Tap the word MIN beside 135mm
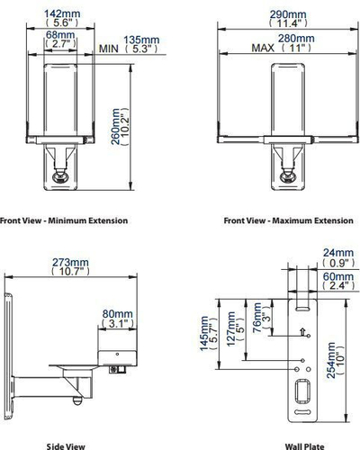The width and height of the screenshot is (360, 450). pos(109,49)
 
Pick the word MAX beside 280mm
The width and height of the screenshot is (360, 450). pos(263,48)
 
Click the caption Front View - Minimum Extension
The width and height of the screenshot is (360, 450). pos(64,220)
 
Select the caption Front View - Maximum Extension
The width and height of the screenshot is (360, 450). pos(289,220)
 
